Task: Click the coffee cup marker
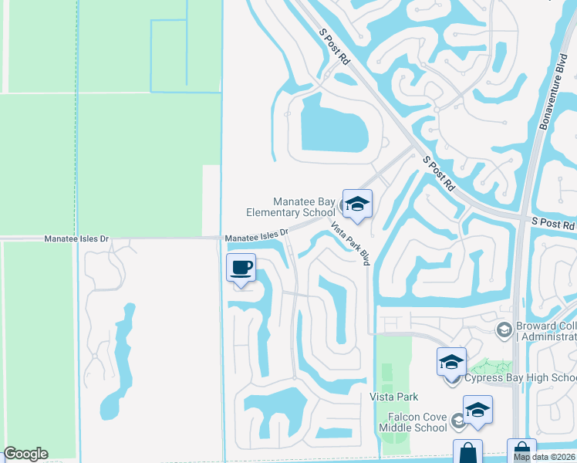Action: [x=241, y=269]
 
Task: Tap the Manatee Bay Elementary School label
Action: [x=290, y=207]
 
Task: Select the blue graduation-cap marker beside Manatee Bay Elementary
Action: [x=357, y=204]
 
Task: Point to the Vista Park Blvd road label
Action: [x=351, y=244]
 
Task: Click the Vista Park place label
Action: [x=394, y=397]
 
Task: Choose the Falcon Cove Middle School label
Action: [x=417, y=422]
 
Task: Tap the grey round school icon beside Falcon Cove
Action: [x=458, y=421]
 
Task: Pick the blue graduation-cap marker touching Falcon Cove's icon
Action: [x=477, y=410]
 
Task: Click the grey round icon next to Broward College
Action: [x=504, y=330]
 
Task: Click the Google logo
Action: [x=25, y=454]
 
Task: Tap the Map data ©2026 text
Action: [x=545, y=457]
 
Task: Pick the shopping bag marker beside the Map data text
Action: [x=521, y=448]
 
